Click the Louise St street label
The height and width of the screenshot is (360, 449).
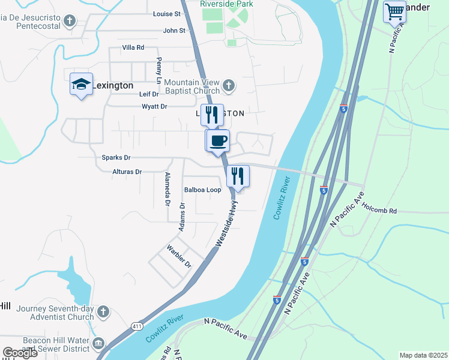pyautogui.click(x=167, y=14)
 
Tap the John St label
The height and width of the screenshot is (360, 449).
pyautogui.click(x=174, y=31)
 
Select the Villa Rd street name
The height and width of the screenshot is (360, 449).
pyautogui.click(x=133, y=47)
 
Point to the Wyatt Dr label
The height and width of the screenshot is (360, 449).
pyautogui.click(x=154, y=107)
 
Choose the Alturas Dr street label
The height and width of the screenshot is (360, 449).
pyautogui.click(x=127, y=172)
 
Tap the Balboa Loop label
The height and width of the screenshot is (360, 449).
pyautogui.click(x=202, y=190)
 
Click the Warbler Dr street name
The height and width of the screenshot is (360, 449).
pyautogui.click(x=179, y=256)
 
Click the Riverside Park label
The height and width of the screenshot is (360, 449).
pyautogui.click(x=226, y=4)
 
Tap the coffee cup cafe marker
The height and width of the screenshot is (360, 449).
pyautogui.click(x=218, y=140)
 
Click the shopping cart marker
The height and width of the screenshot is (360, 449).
pyautogui.click(x=394, y=11)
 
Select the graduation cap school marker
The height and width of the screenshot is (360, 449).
pyautogui.click(x=81, y=85)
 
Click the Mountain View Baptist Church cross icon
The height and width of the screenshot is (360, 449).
pyautogui.click(x=228, y=86)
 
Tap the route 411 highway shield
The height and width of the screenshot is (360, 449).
pyautogui.click(x=137, y=326)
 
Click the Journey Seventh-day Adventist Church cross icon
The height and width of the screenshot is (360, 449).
pyautogui.click(x=103, y=312)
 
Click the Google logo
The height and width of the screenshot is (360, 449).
pyautogui.click(x=20, y=353)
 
